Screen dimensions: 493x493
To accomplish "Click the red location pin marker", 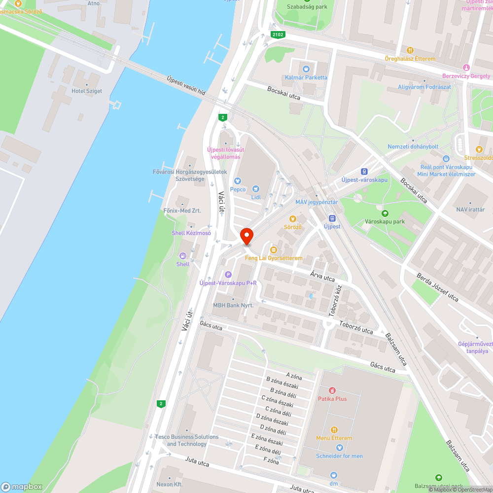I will coord(246,236).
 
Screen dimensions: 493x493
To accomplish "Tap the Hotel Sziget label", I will coord(87,91).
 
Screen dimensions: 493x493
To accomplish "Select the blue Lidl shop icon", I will coord(255,188).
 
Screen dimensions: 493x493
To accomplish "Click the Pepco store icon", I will coord(237,180).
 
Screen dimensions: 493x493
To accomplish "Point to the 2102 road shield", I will coord(277,35).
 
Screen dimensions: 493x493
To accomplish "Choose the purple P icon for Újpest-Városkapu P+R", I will coord(228,275).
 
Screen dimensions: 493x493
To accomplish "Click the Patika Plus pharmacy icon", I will coord(332,390).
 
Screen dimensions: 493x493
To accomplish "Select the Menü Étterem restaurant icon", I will coord(334,430).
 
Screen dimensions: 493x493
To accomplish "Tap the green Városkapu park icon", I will coord(385,213).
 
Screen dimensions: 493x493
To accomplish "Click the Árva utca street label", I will coord(322,278).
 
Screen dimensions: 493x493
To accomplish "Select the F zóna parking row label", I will coord(271,461).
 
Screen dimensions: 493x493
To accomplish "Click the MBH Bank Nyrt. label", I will coord(233,305).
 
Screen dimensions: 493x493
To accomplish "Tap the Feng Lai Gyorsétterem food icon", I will coord(273,250).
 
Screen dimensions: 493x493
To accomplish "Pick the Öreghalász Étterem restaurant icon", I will coord(410,50).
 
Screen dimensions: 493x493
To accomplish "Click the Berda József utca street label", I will coord(437,287).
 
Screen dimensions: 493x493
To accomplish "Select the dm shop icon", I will coord(334,475).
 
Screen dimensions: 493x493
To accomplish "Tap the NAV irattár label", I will coord(470,210).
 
